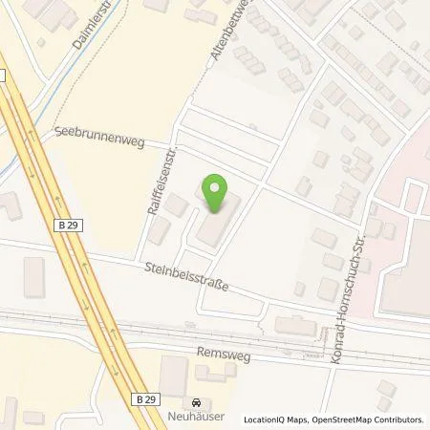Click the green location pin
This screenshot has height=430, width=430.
(216, 192)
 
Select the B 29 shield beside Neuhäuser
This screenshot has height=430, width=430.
(145, 398)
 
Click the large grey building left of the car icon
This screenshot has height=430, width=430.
(173, 378)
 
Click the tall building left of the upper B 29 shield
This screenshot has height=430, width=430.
(34, 277)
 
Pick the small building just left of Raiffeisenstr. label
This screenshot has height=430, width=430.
(159, 230)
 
